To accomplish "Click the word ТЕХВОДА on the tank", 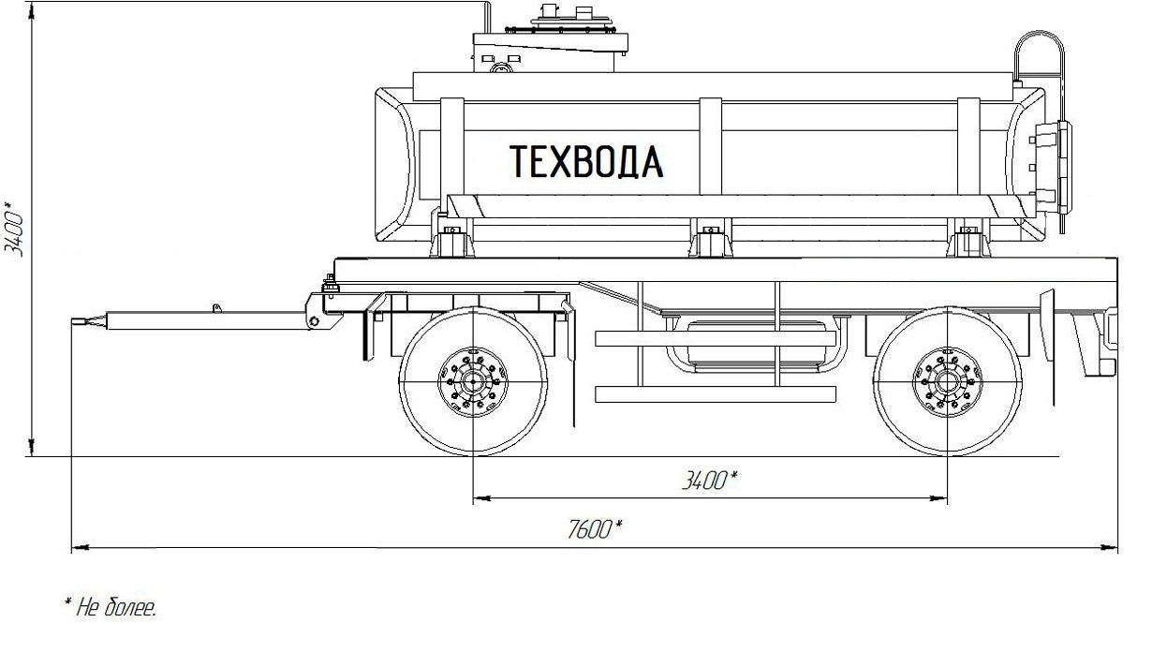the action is [x=586, y=161].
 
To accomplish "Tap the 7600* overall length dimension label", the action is [x=594, y=529].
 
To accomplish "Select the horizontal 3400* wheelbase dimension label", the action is [x=710, y=480].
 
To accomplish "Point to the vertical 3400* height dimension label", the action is [x=14, y=228].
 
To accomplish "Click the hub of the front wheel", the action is [x=473, y=382].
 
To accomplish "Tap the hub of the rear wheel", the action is [x=947, y=382].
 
